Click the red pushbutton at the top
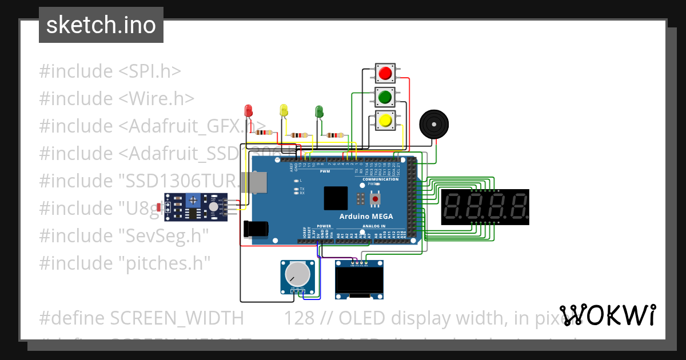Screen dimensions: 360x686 385,73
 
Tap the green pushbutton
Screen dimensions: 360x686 385,97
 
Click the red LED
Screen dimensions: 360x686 248,110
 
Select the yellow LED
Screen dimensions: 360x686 284,110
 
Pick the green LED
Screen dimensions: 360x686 319,111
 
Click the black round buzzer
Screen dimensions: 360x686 434,124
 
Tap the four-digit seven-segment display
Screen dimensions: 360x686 485,207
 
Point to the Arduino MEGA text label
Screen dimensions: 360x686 366,216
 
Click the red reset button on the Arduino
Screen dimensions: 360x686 376,199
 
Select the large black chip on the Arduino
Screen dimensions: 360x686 335,199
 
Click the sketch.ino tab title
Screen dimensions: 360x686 101,25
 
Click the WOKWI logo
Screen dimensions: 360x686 608,315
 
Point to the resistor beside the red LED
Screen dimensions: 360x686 263,133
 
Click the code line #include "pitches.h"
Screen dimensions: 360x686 125,263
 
